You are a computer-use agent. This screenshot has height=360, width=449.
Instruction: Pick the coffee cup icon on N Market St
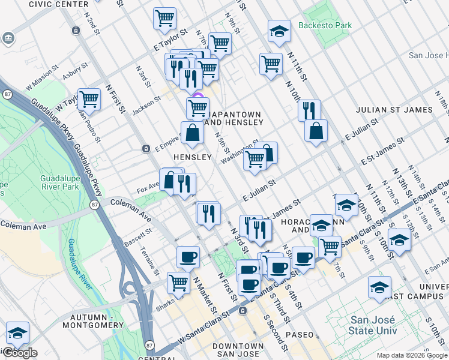(188, 257)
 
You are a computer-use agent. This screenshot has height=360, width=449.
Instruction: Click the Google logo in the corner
(20, 353)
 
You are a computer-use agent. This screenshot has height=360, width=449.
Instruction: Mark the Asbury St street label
(76, 72)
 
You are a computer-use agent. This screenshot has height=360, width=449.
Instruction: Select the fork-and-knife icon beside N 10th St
(309, 110)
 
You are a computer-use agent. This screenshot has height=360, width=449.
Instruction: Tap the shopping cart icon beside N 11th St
(271, 64)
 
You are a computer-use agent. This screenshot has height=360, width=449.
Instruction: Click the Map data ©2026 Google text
(411, 355)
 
